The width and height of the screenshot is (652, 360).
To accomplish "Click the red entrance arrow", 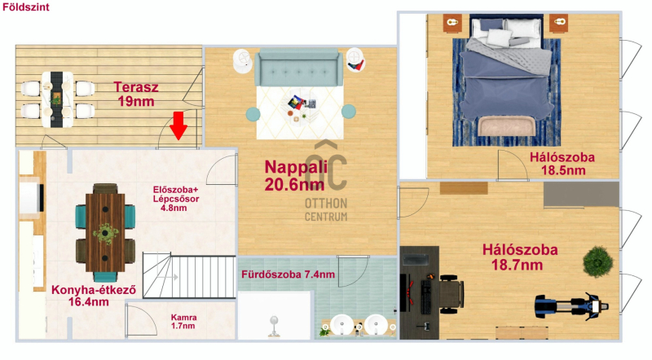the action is pyautogui.click(x=178, y=125).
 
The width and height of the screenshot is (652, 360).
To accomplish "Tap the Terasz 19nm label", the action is pyautogui.click(x=136, y=94).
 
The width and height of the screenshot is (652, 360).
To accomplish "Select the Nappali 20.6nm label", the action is pyautogui.click(x=296, y=175).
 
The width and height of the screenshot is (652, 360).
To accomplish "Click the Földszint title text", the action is pyautogui.click(x=26, y=7).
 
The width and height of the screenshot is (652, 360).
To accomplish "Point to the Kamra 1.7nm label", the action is pyautogui.click(x=183, y=322).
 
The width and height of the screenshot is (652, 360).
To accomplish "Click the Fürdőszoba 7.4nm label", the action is pyautogui.click(x=289, y=274).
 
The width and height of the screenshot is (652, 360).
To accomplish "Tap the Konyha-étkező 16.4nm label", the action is pyautogui.click(x=93, y=296).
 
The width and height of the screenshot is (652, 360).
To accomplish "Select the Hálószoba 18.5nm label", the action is pyautogui.click(x=562, y=164).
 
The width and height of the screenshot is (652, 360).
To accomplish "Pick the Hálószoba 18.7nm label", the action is pyautogui.click(x=520, y=257).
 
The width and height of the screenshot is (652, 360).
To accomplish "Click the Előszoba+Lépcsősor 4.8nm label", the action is pyautogui.click(x=175, y=199).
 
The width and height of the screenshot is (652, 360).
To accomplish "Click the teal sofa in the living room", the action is pyautogui.click(x=298, y=68).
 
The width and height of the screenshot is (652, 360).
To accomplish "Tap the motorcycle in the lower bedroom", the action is pyautogui.click(x=572, y=307).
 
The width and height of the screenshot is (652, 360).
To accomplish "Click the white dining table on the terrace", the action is pyautogui.click(x=57, y=99).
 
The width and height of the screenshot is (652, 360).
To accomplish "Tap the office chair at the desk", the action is pyautogui.click(x=450, y=294).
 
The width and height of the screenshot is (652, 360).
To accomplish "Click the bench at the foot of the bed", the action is pyautogui.click(x=506, y=126).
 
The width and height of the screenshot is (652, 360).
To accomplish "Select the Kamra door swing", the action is pyautogui.click(x=141, y=319).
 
